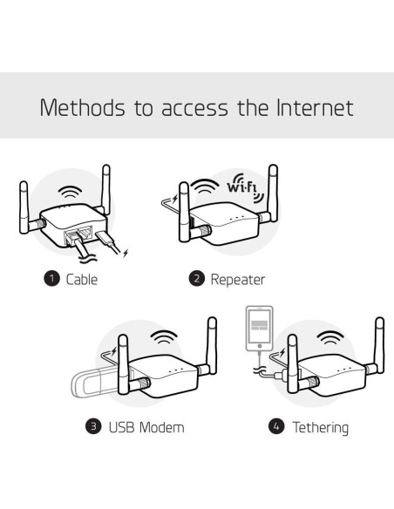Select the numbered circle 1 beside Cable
pos(51,280)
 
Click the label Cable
pos(82,280)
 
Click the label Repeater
pos(237,280)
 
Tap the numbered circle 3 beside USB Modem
pos(93,427)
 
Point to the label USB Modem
pos(146,427)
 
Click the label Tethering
pos(320,427)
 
